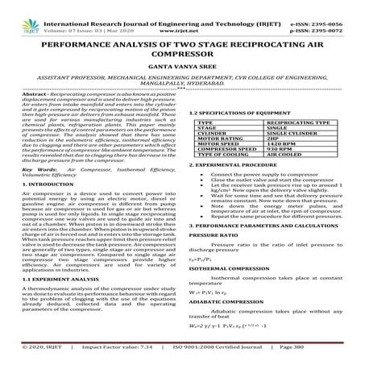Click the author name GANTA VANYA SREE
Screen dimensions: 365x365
pos(182,72)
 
